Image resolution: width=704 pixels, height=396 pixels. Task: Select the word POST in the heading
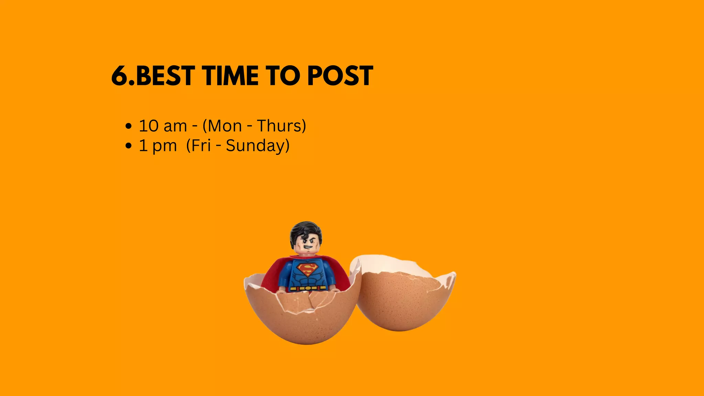pos(340,76)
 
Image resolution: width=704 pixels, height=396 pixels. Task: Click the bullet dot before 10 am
pos(129,126)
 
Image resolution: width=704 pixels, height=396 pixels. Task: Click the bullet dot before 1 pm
pos(129,146)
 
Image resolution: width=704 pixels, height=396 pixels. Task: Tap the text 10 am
pos(163,126)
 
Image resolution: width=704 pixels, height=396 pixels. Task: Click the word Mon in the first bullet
pos(225,126)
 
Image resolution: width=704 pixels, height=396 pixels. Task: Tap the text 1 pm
pos(158,146)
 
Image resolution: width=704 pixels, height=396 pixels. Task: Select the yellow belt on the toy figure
pos(307,288)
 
